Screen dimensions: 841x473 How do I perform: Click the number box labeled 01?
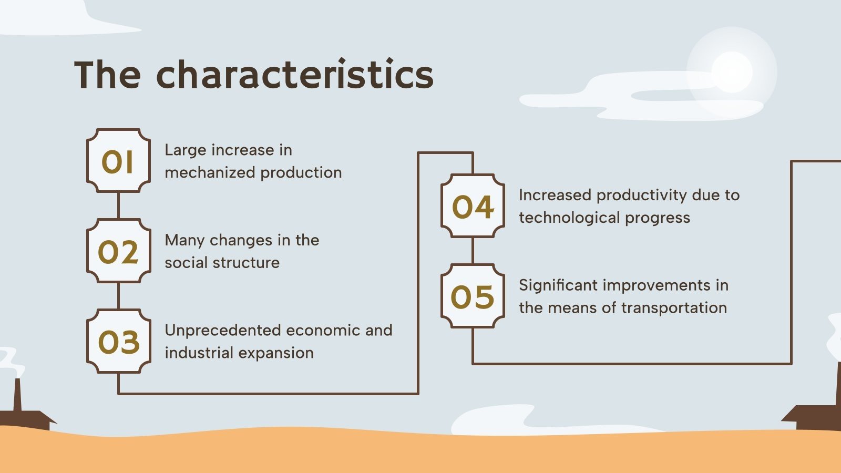coord(119,161)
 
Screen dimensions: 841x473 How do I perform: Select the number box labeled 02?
coord(119,251)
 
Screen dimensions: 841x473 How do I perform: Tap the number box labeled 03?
coord(119,341)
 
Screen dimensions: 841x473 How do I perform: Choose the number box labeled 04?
coord(473,205)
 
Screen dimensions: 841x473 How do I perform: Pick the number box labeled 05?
coord(473,296)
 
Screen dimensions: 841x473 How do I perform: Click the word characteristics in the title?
coord(295,74)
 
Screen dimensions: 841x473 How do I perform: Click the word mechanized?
coord(210,173)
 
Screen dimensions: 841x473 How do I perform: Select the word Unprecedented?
coord(223,331)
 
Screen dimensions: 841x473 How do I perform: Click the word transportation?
coord(674,309)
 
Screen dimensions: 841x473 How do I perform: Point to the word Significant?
coord(558,286)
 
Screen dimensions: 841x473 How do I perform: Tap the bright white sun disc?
coord(732,72)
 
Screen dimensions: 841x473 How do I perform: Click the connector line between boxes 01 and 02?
coord(119,205)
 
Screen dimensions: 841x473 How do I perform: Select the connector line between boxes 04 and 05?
coord(473,251)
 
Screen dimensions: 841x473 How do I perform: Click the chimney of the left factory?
coord(17,395)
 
